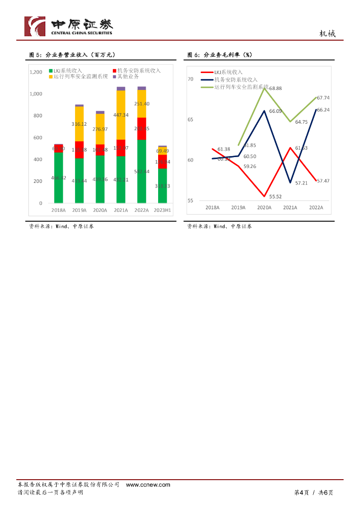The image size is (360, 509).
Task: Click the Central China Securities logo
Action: tap(69, 26)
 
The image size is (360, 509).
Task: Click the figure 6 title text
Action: tap(219, 55)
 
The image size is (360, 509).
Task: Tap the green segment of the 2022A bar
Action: tap(142, 171)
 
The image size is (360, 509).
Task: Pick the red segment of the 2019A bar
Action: tap(79, 150)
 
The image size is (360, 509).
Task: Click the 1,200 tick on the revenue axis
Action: tap(36, 72)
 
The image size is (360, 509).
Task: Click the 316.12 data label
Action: tap(79, 124)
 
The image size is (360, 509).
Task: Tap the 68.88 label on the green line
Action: tap(275, 88)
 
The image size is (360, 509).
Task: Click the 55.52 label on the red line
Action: tap(275, 196)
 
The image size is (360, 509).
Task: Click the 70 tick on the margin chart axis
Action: tap(190, 80)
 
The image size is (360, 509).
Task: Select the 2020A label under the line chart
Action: tap(264, 208)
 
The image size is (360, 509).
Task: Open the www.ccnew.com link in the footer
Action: tap(148, 485)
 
